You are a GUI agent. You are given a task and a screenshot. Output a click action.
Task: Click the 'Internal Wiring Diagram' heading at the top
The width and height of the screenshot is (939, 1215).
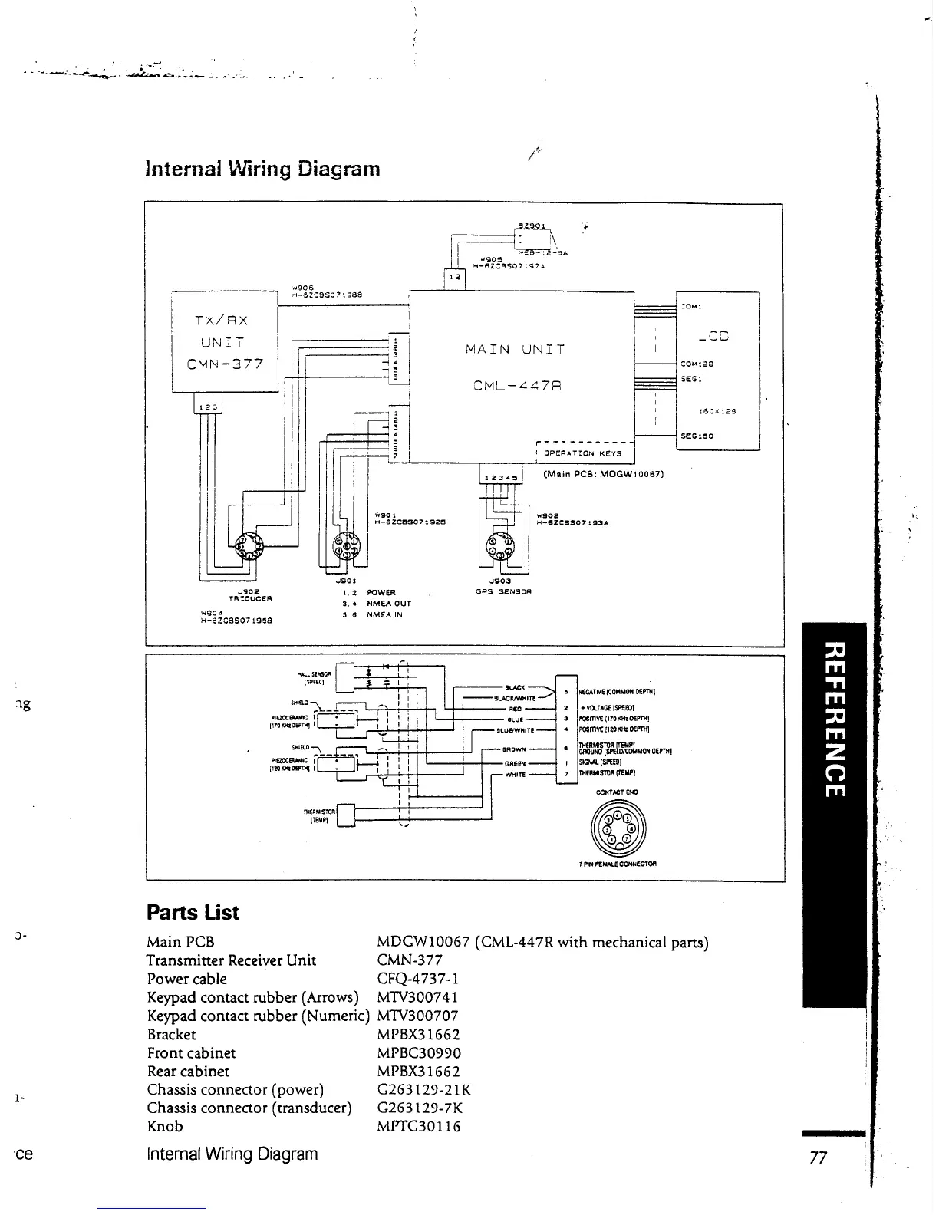click(262, 168)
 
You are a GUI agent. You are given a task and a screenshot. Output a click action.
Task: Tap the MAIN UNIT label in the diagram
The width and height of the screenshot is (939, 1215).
click(515, 349)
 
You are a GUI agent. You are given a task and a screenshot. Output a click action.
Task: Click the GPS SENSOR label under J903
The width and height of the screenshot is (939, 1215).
click(504, 591)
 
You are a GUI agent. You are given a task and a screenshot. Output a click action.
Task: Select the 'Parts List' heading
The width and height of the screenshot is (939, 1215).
click(193, 913)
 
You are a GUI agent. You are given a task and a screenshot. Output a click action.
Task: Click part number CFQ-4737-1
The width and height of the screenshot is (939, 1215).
click(418, 979)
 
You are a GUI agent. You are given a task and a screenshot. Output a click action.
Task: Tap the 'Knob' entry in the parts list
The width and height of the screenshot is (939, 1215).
click(165, 1126)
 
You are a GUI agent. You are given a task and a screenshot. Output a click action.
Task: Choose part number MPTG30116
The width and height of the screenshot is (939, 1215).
click(419, 1126)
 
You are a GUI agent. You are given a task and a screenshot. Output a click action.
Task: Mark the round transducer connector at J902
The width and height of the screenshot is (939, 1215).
click(249, 546)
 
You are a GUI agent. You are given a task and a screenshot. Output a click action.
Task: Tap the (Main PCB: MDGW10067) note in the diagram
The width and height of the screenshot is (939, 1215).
click(602, 473)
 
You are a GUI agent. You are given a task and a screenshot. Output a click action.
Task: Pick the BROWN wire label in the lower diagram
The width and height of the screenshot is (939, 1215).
click(514, 749)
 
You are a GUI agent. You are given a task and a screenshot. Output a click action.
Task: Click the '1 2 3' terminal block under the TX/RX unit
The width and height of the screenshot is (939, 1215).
click(207, 407)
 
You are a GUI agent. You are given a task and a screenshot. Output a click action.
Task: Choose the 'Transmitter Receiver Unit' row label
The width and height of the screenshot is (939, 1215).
click(231, 960)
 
